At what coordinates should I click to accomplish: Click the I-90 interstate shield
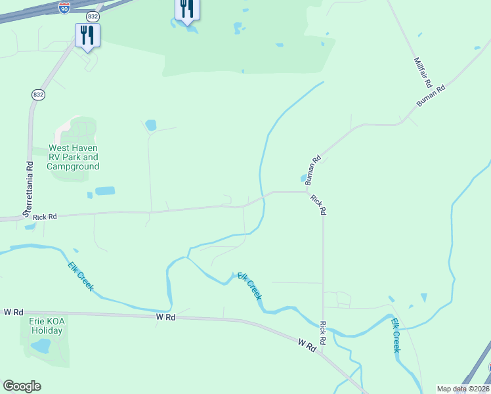click(x=64, y=7)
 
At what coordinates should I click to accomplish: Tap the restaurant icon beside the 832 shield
click(x=87, y=35)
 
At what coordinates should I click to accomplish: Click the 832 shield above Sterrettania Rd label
click(x=38, y=95)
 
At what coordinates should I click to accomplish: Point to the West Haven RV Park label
click(x=73, y=158)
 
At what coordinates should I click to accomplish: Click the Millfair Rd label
click(x=422, y=73)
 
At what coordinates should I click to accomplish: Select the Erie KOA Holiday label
click(x=45, y=326)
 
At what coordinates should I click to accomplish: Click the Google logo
click(x=22, y=386)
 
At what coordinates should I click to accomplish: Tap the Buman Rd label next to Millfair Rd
click(x=431, y=96)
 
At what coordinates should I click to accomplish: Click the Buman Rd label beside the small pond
click(x=312, y=169)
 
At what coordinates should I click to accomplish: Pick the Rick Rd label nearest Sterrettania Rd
click(x=45, y=216)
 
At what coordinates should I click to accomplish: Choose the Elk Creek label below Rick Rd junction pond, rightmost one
click(x=396, y=336)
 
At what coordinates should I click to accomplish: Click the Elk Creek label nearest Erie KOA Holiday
click(x=81, y=276)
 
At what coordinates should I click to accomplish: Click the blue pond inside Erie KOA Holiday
click(x=41, y=345)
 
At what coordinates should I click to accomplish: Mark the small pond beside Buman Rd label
click(x=303, y=178)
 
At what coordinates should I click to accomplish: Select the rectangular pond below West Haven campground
click(x=105, y=191)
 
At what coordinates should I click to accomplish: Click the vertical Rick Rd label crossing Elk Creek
click(x=323, y=334)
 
